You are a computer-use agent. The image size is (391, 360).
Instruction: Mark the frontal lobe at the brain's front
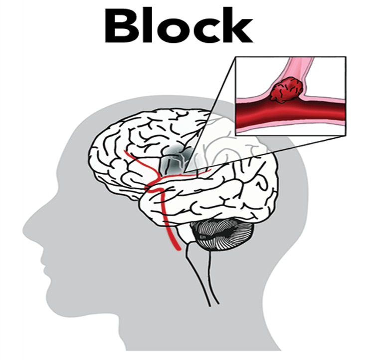pos(107,150)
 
